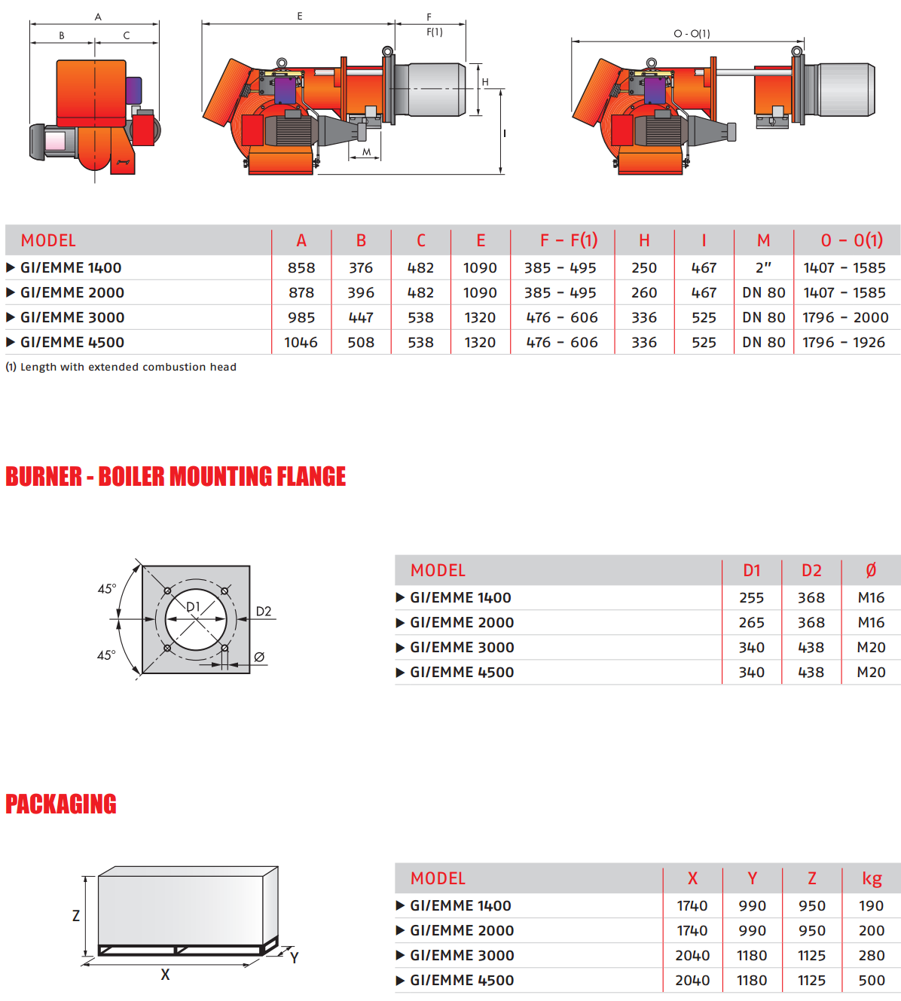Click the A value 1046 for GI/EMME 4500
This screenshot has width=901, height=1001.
tap(301, 343)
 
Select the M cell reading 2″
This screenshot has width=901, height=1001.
tap(763, 268)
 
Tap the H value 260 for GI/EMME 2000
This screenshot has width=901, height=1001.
tap(644, 293)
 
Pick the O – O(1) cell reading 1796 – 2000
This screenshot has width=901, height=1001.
tap(845, 318)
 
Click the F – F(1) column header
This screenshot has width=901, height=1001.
tap(568, 240)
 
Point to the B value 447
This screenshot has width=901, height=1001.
tap(361, 318)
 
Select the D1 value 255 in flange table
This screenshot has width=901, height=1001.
tap(751, 598)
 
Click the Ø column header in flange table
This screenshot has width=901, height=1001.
tap(871, 571)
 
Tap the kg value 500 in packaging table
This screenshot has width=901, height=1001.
tap(872, 981)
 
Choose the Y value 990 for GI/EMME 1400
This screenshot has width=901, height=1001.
tap(752, 906)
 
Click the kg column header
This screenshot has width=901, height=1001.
tap(872, 879)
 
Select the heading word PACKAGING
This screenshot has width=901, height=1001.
tap(61, 804)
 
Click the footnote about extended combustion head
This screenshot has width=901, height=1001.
tap(121, 367)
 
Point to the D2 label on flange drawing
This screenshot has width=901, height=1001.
tap(264, 612)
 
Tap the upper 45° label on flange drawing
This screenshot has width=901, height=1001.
tap(106, 589)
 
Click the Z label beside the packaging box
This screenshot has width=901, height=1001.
tap(75, 916)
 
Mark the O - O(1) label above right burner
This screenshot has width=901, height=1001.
tap(692, 34)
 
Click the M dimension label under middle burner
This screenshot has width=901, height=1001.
tap(367, 152)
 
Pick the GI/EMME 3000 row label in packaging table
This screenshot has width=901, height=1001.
tap(462, 956)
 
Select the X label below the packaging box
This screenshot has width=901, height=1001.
tap(165, 975)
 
